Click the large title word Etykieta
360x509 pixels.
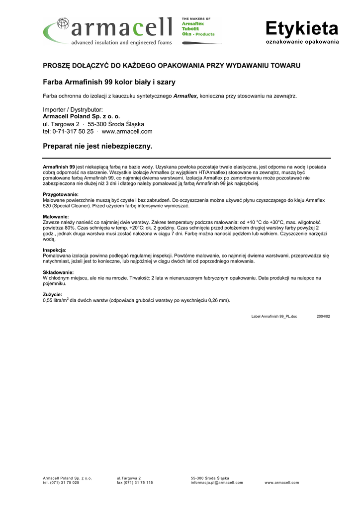click(301, 28)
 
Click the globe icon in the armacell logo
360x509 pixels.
click(63, 24)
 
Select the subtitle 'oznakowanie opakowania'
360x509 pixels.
click(302, 41)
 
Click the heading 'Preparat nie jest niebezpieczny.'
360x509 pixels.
click(97, 147)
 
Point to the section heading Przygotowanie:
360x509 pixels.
click(61, 194)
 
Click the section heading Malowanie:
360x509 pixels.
click(56, 217)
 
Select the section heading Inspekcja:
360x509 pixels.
click(55, 250)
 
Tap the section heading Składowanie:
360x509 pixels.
click(58, 272)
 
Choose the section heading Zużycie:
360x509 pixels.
click(53, 295)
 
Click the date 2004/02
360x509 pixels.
click(323, 316)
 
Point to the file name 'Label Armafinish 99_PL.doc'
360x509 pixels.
click(274, 316)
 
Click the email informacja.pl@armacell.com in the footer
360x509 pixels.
click(217, 483)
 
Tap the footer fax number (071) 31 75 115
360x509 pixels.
click(135, 483)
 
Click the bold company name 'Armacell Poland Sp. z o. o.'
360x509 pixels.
click(82, 116)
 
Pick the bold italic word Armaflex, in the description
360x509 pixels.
click(185, 95)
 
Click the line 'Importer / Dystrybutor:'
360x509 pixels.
click(73, 109)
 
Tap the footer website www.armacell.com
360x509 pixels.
click(281, 483)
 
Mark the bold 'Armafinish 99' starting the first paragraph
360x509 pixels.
click(59, 167)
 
